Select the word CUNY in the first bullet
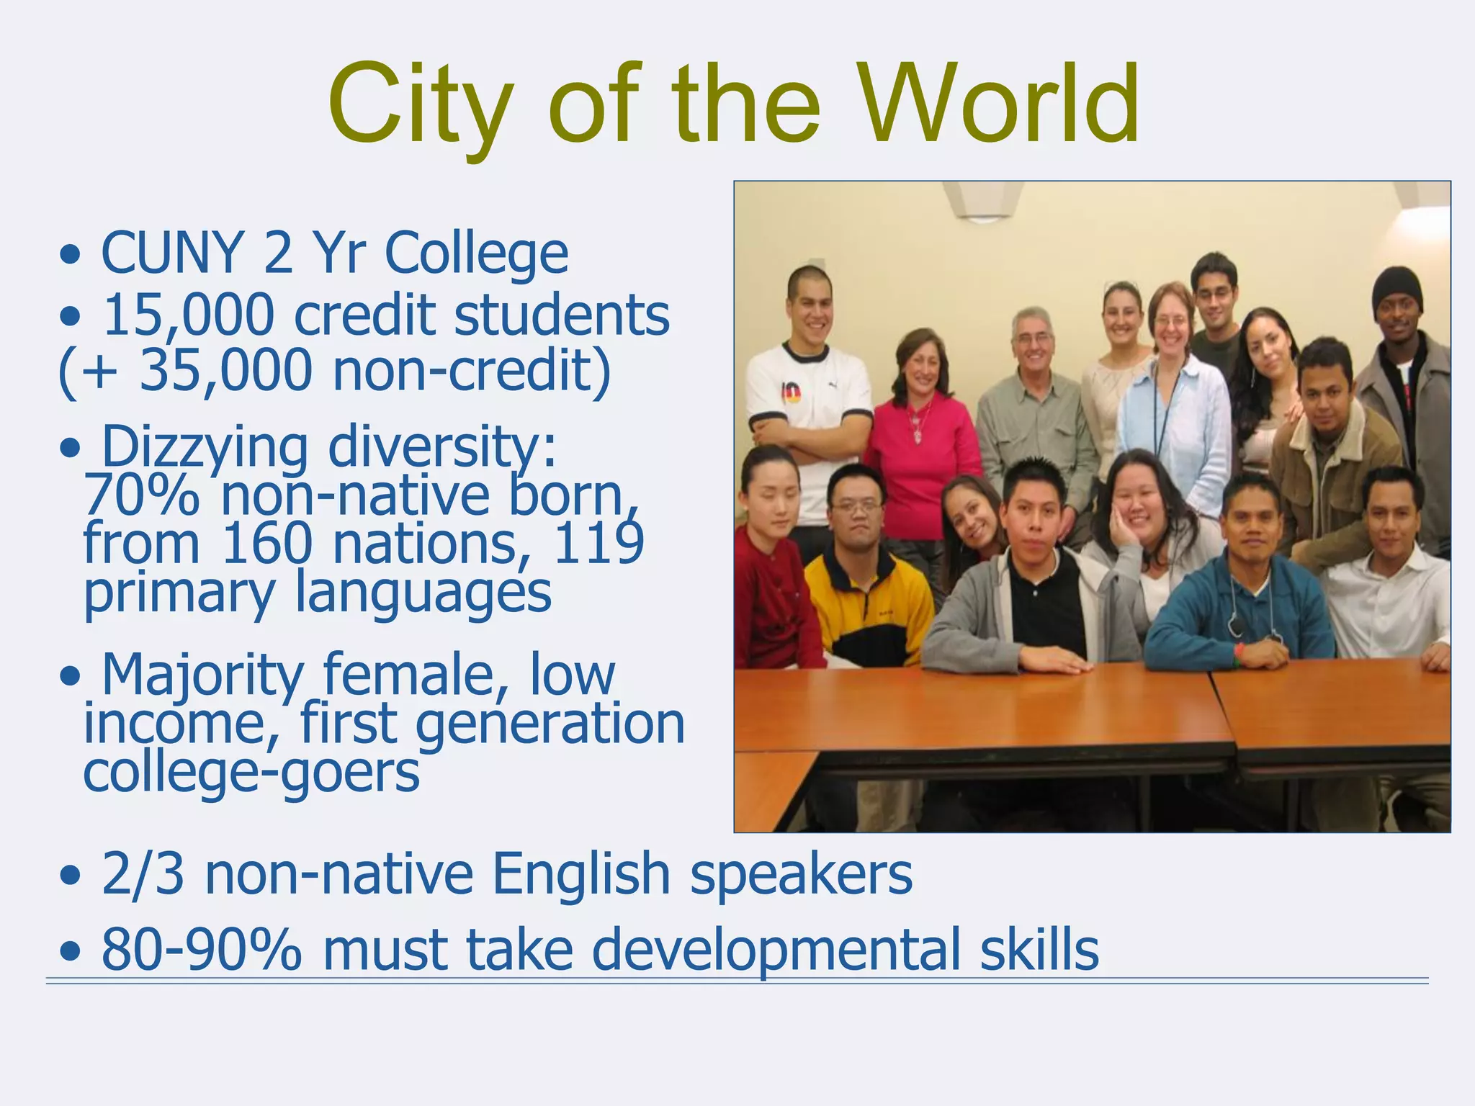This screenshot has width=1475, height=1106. coord(171,253)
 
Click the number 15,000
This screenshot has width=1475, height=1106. coord(189,315)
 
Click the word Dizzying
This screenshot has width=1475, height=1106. coord(205,447)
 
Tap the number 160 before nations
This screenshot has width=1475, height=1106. coord(266,544)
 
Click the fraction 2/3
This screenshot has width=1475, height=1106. coord(143,873)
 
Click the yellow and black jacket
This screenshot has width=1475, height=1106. coord(868,605)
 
